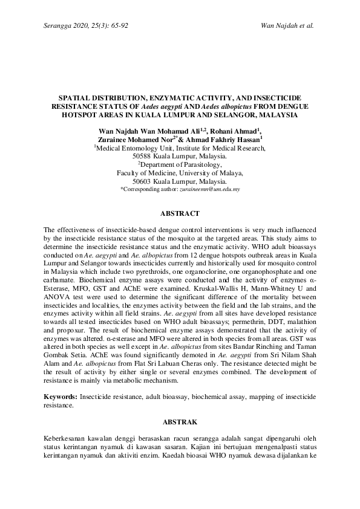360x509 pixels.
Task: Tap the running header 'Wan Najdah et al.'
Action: click(x=287, y=26)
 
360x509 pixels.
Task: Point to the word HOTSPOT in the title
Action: click(x=84, y=114)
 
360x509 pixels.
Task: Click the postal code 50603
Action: click(x=142, y=181)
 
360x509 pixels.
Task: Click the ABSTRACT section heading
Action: click(x=180, y=214)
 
